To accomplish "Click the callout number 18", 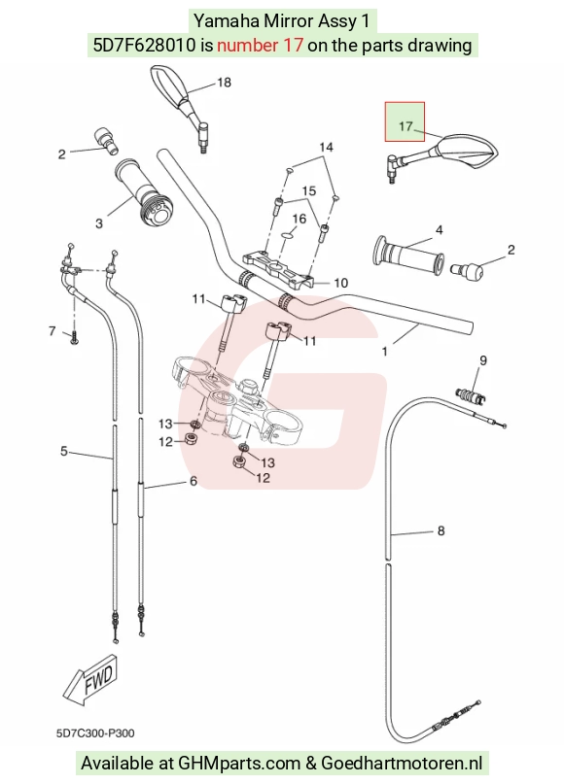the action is [x=224, y=82].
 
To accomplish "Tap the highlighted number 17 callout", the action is [x=405, y=126].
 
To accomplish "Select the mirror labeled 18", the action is [x=180, y=106].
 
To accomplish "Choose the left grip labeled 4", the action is [x=408, y=255].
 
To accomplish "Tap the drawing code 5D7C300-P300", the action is [x=95, y=733].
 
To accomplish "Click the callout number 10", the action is [x=340, y=283].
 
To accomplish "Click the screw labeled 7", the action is [x=74, y=339].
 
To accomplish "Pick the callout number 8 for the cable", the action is [x=441, y=530].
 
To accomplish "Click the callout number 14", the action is [x=326, y=147].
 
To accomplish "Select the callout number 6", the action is [x=194, y=481].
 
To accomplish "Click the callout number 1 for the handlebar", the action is [x=384, y=352].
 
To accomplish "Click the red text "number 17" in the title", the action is [x=260, y=45].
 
